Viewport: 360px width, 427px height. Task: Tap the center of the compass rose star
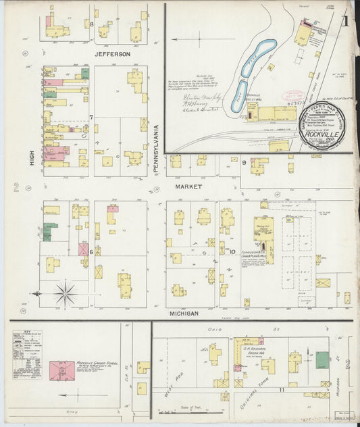click(65, 293)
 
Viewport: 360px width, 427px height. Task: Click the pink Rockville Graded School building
click(62, 370)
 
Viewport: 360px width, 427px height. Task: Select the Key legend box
click(27, 354)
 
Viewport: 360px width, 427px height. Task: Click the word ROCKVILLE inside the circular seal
click(322, 132)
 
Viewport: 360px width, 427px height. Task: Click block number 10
click(231, 252)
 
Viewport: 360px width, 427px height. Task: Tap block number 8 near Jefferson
click(91, 24)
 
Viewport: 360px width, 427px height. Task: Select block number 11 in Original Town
click(274, 389)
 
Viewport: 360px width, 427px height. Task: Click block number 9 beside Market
click(244, 163)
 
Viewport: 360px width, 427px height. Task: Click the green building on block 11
click(323, 359)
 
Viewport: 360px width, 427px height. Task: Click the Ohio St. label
click(215, 329)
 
